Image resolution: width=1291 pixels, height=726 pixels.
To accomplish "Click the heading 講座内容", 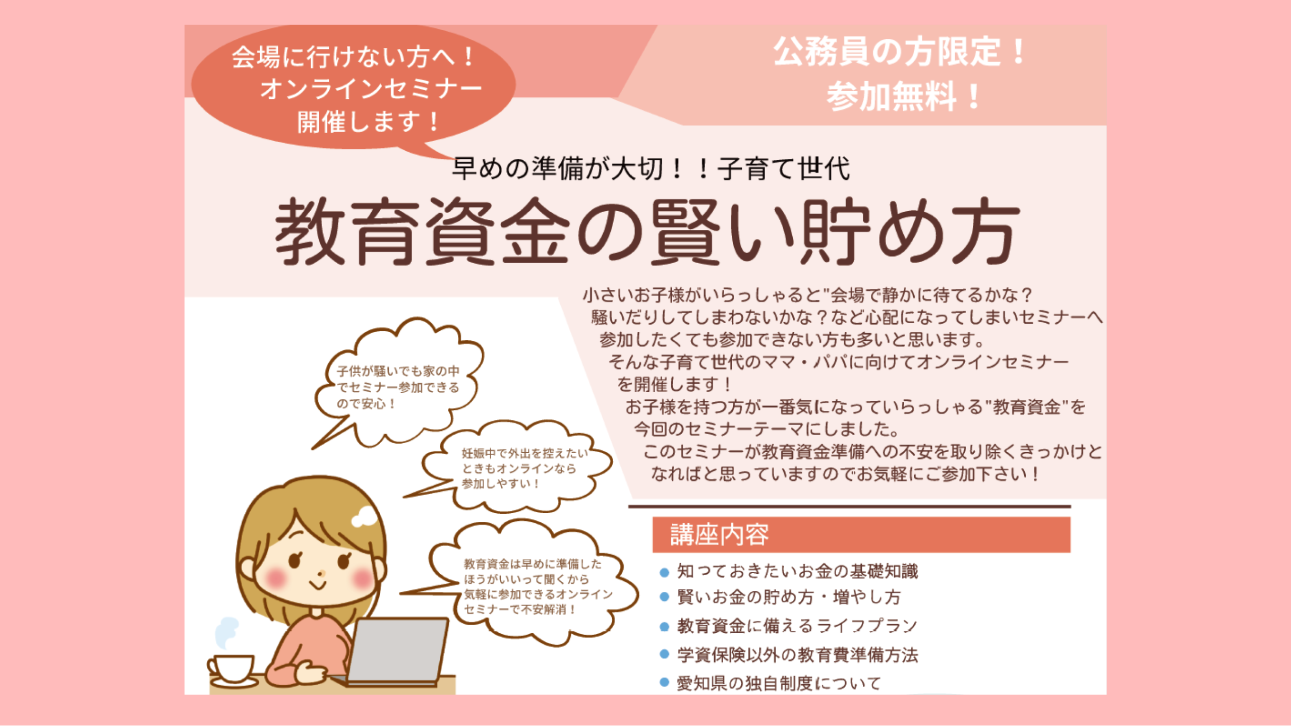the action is click(x=719, y=535).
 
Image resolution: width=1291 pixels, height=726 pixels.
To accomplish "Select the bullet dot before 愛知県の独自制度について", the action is click(x=665, y=683).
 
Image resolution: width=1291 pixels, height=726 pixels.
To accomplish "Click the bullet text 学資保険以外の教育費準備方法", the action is click(x=797, y=655).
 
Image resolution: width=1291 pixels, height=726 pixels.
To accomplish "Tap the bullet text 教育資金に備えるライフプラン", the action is click(x=797, y=626).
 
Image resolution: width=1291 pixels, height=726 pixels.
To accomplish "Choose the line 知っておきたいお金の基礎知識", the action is click(x=797, y=571).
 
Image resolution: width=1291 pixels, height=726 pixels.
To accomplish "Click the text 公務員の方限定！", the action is click(x=900, y=52).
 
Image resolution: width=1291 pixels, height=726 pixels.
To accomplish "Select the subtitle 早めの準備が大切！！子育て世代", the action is click(x=651, y=168).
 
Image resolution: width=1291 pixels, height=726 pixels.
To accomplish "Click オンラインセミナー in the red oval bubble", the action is click(x=371, y=89).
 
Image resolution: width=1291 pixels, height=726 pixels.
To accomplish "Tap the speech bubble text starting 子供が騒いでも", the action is click(x=398, y=387).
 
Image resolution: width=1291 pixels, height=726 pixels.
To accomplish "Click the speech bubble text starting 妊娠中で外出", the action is click(x=525, y=468).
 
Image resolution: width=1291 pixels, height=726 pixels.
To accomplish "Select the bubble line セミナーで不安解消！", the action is click(x=519, y=610).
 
